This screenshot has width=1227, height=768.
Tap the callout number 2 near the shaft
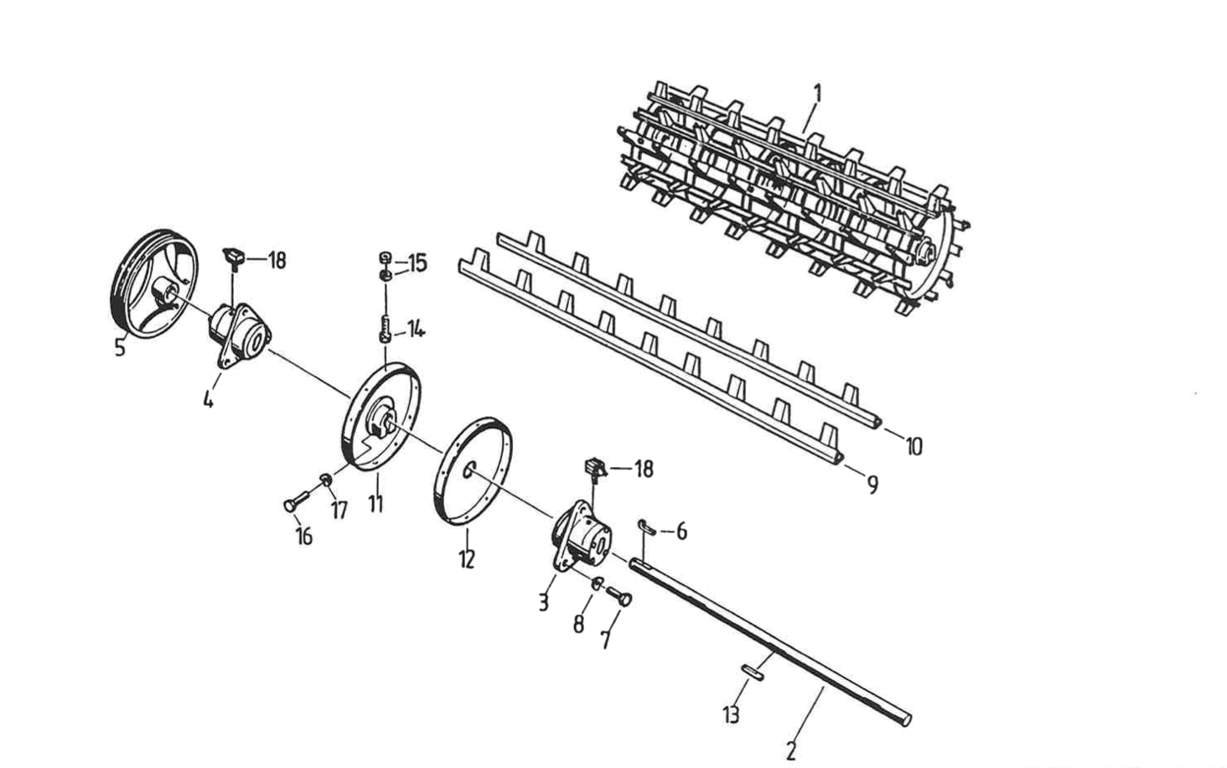tap(790, 750)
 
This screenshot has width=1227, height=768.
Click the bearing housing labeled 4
tap(239, 334)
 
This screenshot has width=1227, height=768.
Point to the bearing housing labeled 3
tap(579, 537)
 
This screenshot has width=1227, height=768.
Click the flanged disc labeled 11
tap(381, 417)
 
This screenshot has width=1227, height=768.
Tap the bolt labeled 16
tap(293, 503)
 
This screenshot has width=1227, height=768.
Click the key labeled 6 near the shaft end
tap(646, 527)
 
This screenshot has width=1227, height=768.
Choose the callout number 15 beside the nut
tap(417, 262)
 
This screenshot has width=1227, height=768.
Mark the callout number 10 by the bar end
tap(913, 446)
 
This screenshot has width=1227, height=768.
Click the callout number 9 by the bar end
tap(872, 484)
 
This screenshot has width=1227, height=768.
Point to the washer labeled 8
tap(596, 584)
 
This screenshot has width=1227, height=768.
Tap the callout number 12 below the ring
tap(466, 558)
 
